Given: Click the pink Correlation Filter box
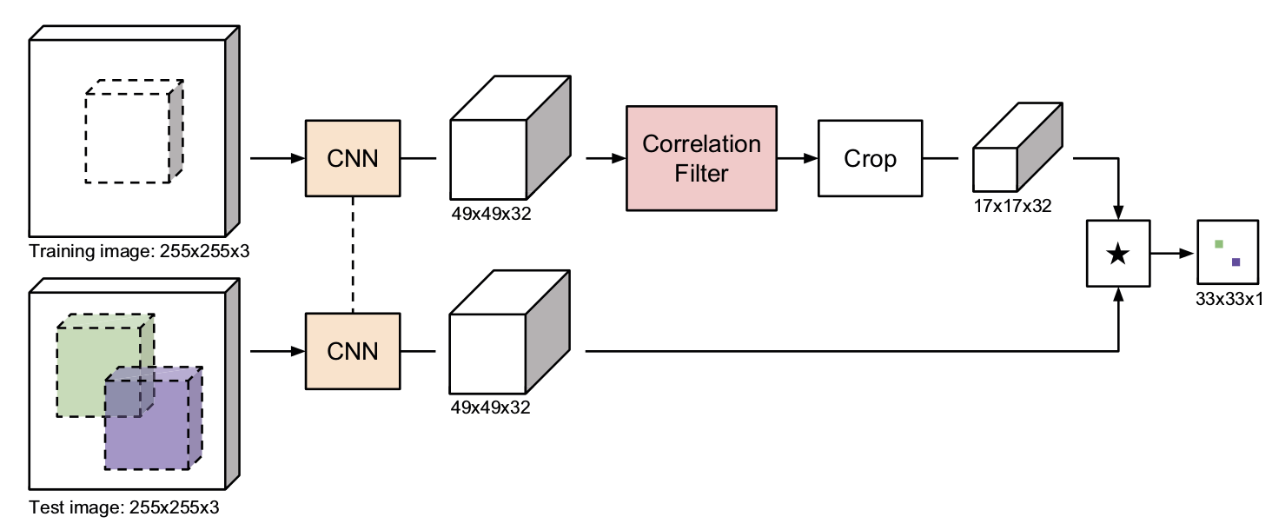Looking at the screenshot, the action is pos(701,158).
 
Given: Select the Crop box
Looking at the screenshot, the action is pos(870,158).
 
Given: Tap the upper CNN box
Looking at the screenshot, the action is pos(353,158).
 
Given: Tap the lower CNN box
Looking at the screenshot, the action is pos(353,351).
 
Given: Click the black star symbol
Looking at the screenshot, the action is pos(1118,254).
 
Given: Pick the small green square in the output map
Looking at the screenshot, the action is pos(1219,244).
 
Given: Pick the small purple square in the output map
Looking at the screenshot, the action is pos(1236,262).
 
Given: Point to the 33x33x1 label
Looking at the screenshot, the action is pos(1229,299).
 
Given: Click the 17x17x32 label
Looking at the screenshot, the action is pos(1012,206).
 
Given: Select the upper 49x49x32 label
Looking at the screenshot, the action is pos(491,214).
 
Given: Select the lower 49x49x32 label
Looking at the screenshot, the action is pos(490,407).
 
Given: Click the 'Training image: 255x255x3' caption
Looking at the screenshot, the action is pos(139,251).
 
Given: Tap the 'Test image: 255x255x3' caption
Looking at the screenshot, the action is pos(123,507).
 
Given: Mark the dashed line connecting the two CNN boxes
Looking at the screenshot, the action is pos(353,255).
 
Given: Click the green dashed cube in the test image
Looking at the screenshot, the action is pos(105,365).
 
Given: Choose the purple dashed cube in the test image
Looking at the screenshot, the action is pos(153,418).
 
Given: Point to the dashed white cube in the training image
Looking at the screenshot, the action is pos(134,131).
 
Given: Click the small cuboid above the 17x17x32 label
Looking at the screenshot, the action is pos(1017,147).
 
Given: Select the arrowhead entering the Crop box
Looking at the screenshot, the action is pos(811,158).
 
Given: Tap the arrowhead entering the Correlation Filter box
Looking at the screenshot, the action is pos(619,158).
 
